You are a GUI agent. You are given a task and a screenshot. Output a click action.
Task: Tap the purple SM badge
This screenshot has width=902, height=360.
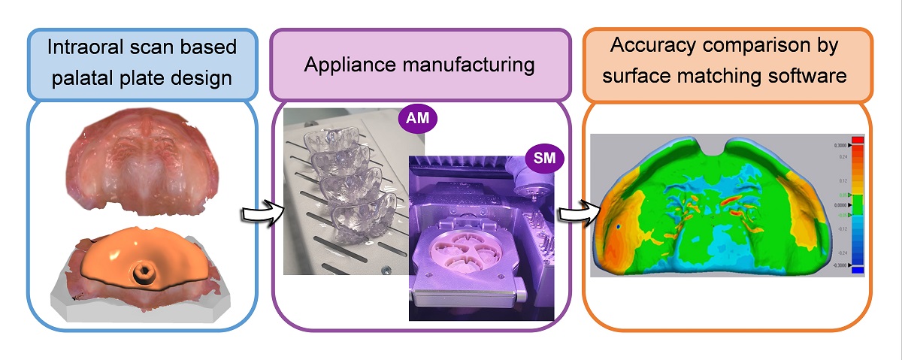[x=540, y=157]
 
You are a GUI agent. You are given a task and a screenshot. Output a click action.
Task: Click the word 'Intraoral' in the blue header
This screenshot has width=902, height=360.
[x=83, y=47]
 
